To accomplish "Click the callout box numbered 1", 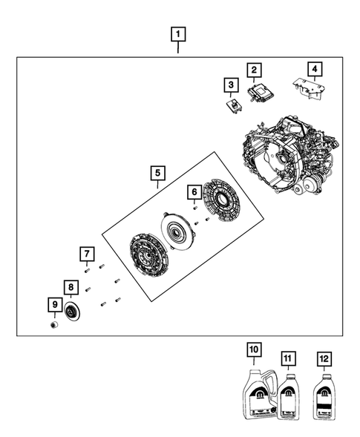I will [178, 33].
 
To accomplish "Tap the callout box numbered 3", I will [231, 85].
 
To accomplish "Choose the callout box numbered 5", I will [157, 173].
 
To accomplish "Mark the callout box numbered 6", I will [194, 192].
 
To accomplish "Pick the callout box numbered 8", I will [71, 287].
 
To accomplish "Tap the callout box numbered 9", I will [53, 304].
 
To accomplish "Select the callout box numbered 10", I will [253, 349].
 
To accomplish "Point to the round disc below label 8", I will [72, 312].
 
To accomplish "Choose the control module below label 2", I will [256, 92].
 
